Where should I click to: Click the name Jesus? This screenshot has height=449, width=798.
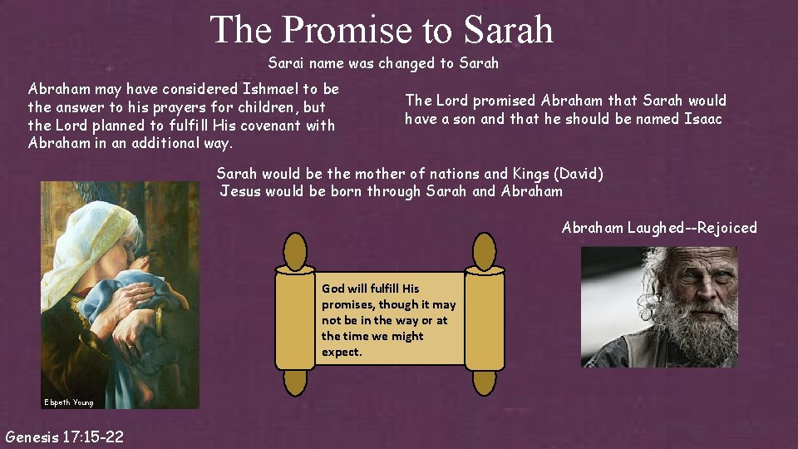[x=239, y=191]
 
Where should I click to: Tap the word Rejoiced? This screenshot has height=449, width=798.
[x=726, y=227]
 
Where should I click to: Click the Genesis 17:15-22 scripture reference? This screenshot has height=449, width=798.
[x=64, y=436]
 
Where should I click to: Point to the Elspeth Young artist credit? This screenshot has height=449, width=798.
[x=69, y=402]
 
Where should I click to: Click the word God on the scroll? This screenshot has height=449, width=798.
[x=332, y=289]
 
